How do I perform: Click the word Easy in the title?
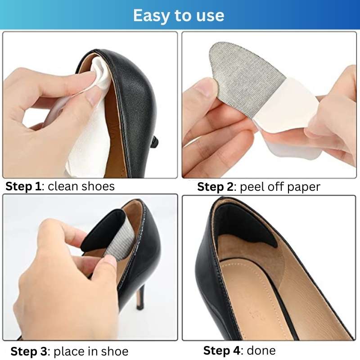152,16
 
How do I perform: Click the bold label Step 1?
23,186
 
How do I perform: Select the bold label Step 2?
215,187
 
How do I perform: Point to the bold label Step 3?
29,351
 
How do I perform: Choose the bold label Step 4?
221,351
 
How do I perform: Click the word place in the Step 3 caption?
68,352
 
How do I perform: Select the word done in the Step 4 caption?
261,351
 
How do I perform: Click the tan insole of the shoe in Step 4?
264,298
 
